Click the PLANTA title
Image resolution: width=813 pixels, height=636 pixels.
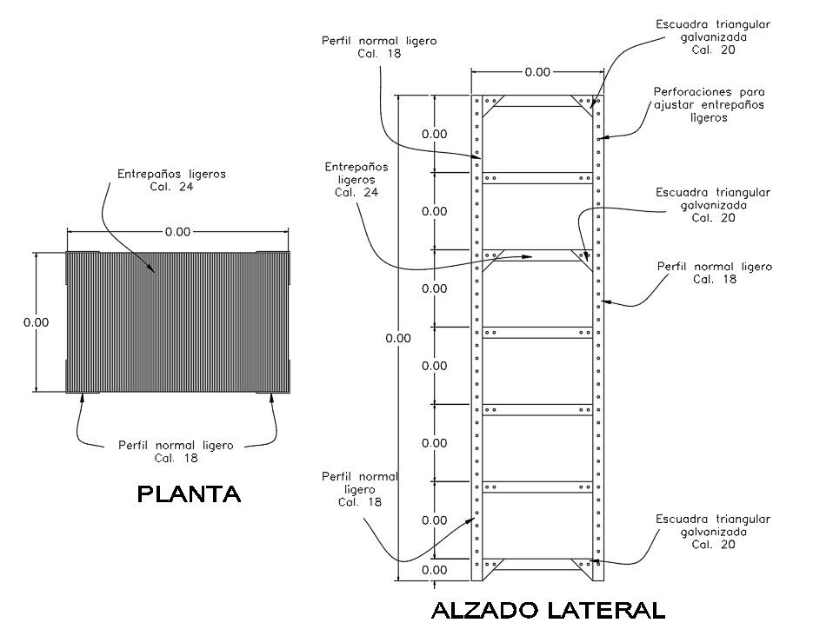tap(190, 495)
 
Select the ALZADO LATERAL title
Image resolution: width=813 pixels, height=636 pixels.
tap(547, 611)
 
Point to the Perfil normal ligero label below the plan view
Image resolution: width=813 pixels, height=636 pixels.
tap(176, 452)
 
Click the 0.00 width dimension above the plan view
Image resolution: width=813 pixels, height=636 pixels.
tap(178, 232)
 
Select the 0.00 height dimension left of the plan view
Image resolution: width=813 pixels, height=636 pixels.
tap(36, 322)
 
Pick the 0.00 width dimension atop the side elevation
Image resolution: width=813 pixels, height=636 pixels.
tap(537, 72)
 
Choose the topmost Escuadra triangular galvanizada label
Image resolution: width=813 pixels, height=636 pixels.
tap(713, 37)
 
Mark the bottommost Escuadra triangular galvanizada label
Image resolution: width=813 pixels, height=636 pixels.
tap(713, 532)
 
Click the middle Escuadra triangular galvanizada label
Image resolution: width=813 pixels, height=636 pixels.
tap(713, 205)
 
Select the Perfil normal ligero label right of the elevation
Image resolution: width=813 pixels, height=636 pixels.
tap(715, 273)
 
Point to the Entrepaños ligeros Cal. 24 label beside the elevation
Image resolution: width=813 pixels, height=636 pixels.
tap(357, 179)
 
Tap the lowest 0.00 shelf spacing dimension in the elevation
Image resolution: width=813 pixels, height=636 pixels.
tap(434, 570)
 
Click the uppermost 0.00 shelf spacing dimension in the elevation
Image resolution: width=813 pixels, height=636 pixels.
tap(434, 134)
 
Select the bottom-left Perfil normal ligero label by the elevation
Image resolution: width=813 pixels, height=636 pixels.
tap(360, 489)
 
